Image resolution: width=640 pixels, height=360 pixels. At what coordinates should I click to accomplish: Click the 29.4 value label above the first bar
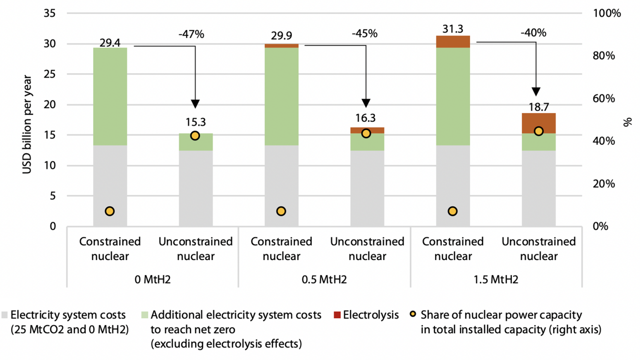click(110, 42)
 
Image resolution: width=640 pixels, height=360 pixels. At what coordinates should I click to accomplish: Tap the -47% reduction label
click(191, 34)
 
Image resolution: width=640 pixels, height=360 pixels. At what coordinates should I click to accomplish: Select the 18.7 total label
click(539, 107)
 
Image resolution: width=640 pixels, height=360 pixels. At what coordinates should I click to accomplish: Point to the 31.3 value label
click(453, 29)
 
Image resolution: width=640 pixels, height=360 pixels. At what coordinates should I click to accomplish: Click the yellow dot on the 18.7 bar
click(539, 131)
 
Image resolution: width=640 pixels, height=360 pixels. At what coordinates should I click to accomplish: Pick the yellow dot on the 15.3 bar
click(195, 136)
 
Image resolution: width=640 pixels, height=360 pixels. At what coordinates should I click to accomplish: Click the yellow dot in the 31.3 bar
click(452, 211)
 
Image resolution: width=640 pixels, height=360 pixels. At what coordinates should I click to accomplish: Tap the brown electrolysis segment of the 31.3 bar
click(453, 42)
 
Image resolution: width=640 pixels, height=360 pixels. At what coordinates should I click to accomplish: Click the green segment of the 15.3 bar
click(196, 142)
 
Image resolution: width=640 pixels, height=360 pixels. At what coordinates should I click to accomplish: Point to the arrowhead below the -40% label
click(536, 92)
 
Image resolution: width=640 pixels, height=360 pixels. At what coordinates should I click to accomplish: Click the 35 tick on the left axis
click(50, 13)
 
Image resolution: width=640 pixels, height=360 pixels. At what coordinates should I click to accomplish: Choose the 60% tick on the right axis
click(604, 98)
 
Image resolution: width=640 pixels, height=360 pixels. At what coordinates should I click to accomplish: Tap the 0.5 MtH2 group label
click(324, 279)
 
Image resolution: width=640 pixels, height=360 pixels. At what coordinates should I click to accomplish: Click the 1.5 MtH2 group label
click(496, 279)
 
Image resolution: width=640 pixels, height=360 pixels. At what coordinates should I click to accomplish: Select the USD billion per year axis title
click(27, 124)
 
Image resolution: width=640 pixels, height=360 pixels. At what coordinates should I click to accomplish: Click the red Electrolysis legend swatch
click(337, 315)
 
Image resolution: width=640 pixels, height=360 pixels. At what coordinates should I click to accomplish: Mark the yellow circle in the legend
click(413, 314)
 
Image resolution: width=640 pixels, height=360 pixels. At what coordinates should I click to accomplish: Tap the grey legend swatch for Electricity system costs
click(5, 315)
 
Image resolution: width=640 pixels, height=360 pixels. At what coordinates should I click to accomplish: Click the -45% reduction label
click(365, 33)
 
